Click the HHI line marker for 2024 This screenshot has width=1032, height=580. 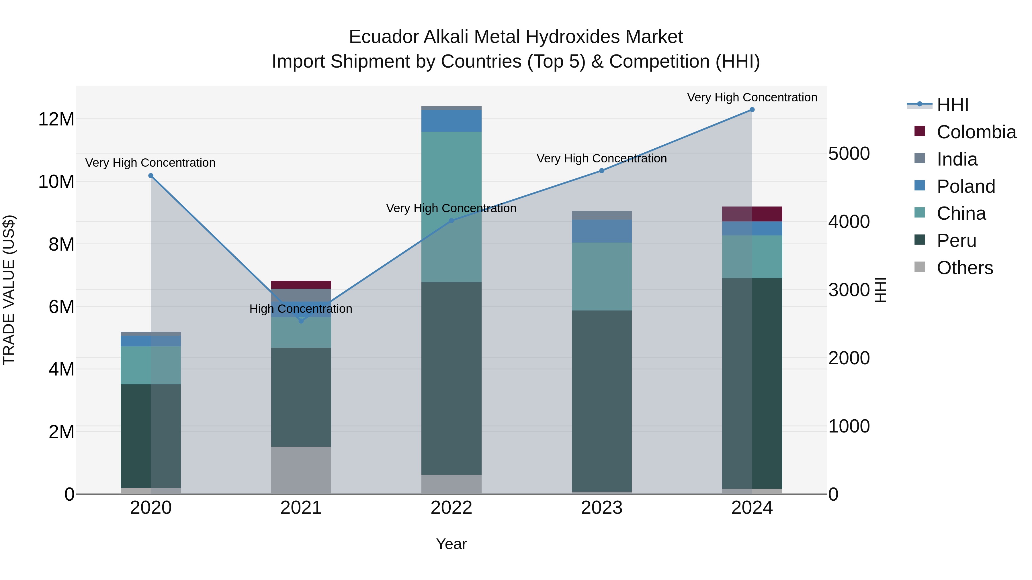point(752,110)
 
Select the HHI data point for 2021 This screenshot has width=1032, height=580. point(301,321)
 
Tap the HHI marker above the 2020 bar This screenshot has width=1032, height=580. point(150,176)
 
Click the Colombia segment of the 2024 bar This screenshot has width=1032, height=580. point(752,214)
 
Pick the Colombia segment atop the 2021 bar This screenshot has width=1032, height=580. point(301,285)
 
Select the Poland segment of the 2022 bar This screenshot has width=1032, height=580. point(451,121)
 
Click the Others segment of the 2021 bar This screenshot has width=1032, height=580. point(301,470)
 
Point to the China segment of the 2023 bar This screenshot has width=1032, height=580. point(601,276)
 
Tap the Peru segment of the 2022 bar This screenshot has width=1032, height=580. point(451,378)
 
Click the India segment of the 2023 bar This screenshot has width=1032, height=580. point(601,215)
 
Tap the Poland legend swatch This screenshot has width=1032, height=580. point(920,186)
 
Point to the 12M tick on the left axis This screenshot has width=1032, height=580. point(56,119)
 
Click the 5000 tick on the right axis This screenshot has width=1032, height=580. point(849,154)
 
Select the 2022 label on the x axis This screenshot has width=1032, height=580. point(451,508)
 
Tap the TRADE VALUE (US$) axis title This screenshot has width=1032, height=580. point(9,290)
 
